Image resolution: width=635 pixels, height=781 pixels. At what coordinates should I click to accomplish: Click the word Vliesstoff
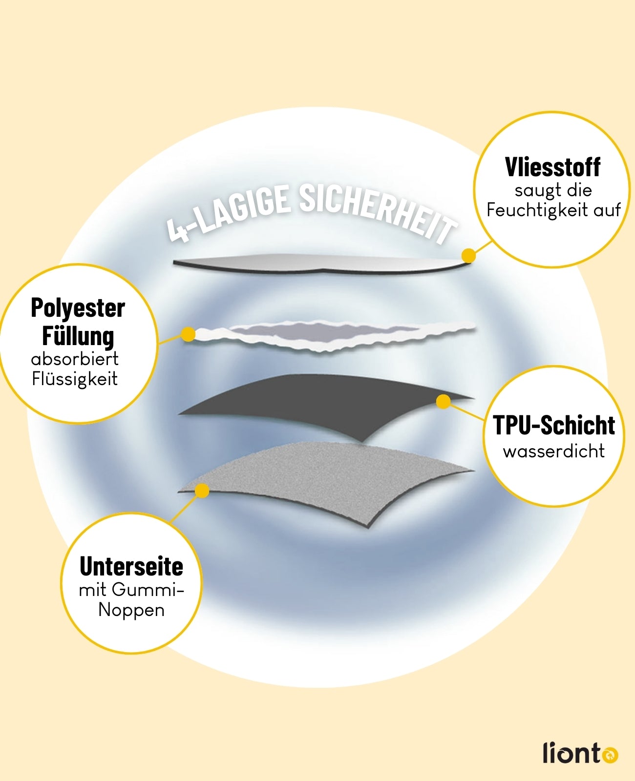(552, 167)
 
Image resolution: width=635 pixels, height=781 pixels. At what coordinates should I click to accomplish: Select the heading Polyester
(78, 308)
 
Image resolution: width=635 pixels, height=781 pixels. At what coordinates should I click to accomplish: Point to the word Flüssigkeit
(75, 379)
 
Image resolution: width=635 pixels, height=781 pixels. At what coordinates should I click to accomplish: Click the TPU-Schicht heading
(553, 425)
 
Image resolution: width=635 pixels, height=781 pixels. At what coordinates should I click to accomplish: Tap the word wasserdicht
(553, 451)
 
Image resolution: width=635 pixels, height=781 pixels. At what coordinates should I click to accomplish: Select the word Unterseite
(131, 567)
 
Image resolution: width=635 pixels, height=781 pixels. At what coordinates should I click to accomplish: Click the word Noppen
(131, 610)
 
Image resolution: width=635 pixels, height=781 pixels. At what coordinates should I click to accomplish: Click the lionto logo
(580, 753)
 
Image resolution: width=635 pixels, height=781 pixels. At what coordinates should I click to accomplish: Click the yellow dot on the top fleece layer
(468, 255)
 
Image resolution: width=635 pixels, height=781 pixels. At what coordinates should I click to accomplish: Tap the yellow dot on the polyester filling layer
(188, 334)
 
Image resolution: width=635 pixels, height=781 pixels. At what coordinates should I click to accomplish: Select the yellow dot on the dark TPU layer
(443, 402)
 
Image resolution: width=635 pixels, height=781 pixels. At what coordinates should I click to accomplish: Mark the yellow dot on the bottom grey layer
(202, 491)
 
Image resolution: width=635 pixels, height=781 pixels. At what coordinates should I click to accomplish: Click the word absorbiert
(75, 359)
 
